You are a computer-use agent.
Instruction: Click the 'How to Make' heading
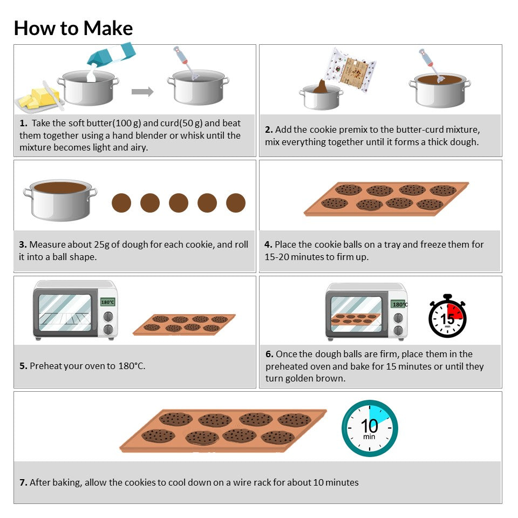pos(73,28)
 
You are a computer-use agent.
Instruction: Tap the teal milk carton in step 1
pos(111,54)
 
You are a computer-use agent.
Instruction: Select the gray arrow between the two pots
pos(142,92)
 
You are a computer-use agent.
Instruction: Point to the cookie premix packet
pos(350,70)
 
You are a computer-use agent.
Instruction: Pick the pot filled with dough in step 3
pos(60,200)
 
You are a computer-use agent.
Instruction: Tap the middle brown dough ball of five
pos(179,203)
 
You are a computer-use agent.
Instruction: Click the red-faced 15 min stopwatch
pos(447,316)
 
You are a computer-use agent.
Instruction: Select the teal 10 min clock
pos(370,428)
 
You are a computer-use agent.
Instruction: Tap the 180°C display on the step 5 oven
pos(108,302)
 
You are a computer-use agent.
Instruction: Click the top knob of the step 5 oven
pos(108,317)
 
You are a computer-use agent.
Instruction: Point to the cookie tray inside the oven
pos(356,318)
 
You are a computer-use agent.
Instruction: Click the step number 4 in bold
pos(268,244)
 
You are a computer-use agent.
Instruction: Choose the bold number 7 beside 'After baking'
pos(23,482)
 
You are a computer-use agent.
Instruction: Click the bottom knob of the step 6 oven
pos(398,330)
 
